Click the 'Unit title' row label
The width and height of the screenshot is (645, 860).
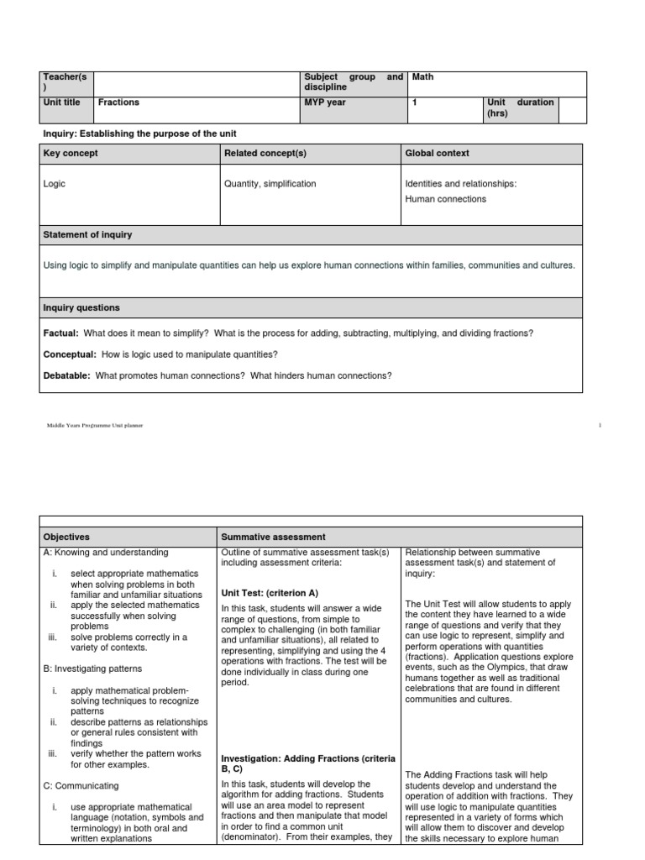click(62, 102)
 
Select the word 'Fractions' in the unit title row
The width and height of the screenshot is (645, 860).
click(118, 102)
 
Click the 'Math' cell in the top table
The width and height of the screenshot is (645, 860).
click(423, 77)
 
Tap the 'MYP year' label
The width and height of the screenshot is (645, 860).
click(325, 102)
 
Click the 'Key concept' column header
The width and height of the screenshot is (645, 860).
click(71, 154)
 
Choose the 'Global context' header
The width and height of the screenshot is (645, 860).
click(437, 154)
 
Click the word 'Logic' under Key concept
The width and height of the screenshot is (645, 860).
click(55, 183)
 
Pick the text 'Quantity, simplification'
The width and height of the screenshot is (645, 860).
click(270, 183)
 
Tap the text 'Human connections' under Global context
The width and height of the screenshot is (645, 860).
click(445, 199)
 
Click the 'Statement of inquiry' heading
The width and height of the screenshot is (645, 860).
click(87, 235)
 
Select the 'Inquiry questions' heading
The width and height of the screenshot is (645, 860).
click(81, 308)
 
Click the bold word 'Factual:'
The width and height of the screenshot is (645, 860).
click(60, 333)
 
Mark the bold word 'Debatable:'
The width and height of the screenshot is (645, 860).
click(66, 375)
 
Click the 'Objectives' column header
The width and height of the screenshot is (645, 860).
click(66, 537)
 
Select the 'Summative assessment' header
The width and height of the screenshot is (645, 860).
click(273, 537)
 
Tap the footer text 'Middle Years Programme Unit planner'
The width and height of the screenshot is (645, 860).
click(95, 426)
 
